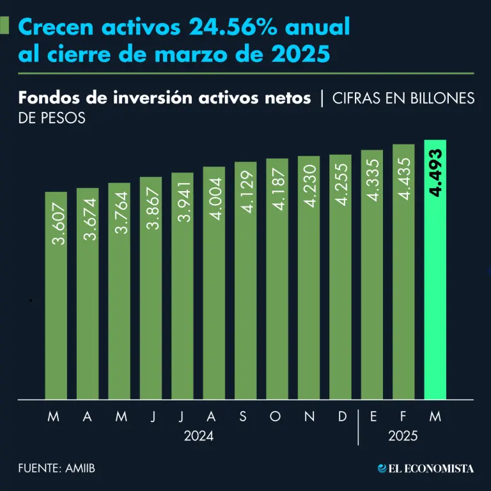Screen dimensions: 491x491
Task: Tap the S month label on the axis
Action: pyautogui.click(x=243, y=417)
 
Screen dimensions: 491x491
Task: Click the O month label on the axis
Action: pyautogui.click(x=276, y=417)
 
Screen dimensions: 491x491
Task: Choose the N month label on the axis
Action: pyautogui.click(x=309, y=417)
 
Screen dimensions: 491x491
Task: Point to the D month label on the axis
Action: pyautogui.click(x=342, y=417)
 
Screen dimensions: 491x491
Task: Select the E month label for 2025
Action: pyautogui.click(x=373, y=417)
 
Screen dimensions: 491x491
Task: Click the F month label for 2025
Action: pyautogui.click(x=403, y=417)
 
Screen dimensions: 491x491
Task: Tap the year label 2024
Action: pyautogui.click(x=199, y=437)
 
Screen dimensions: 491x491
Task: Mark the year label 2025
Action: pyautogui.click(x=403, y=437)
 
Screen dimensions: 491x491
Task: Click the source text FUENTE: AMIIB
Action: pyautogui.click(x=57, y=469)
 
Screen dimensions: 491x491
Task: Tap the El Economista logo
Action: pyautogui.click(x=426, y=469)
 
